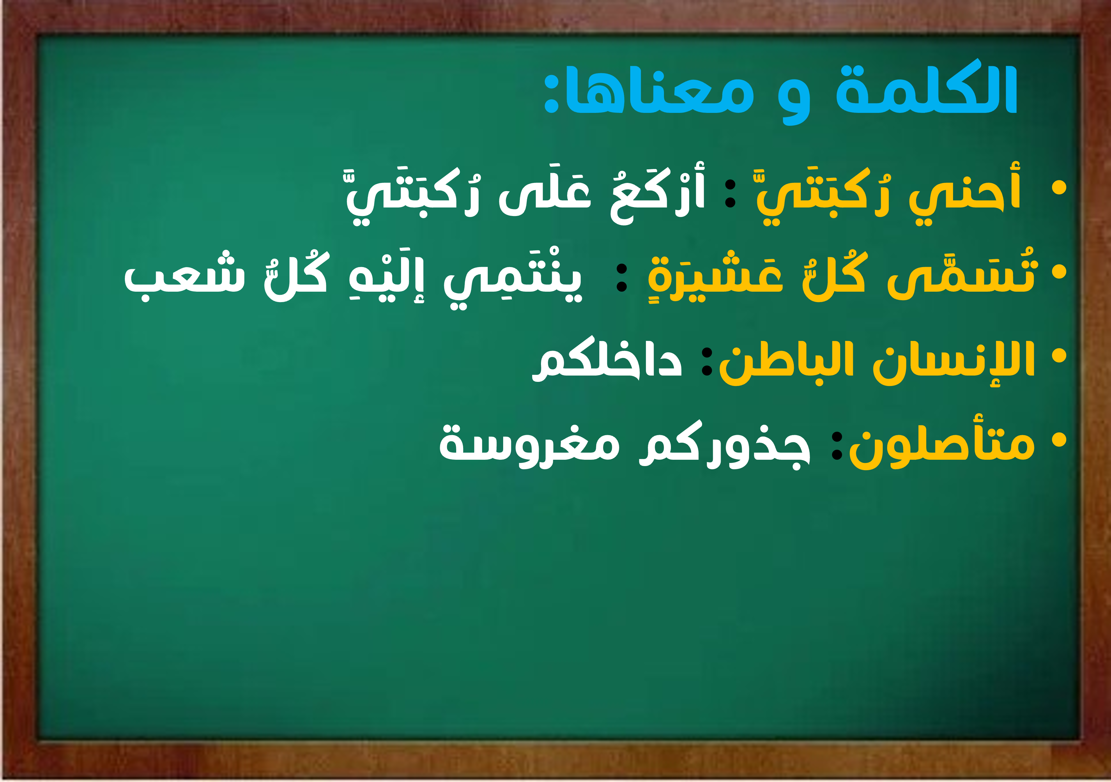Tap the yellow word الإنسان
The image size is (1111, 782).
[x=953, y=360]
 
